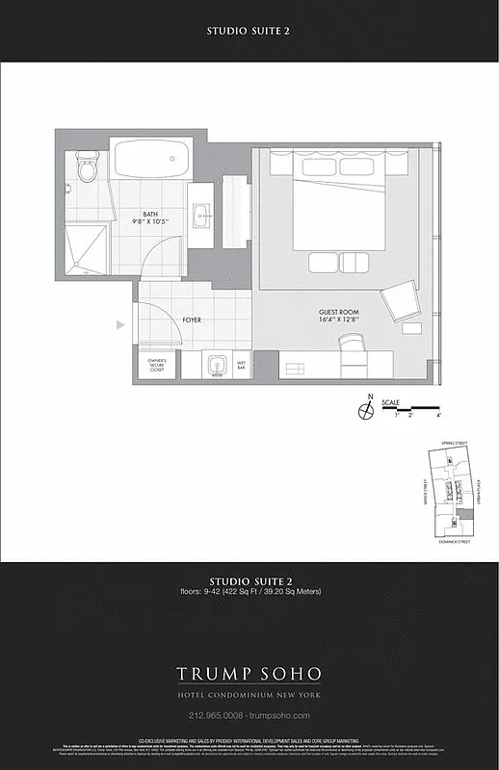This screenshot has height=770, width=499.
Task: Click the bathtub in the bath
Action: coord(150,159)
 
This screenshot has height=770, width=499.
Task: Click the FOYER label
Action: coord(192,319)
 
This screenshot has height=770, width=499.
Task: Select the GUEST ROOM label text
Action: coord(339,315)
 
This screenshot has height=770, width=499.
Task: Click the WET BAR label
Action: coord(243,365)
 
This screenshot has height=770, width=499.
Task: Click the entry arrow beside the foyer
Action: coord(120,325)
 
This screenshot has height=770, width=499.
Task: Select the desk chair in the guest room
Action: coord(352,344)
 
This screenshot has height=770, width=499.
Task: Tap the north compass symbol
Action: coord(366,411)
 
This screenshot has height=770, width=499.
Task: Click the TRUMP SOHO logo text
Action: coord(249,673)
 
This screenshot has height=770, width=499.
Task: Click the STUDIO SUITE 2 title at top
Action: coord(249,31)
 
